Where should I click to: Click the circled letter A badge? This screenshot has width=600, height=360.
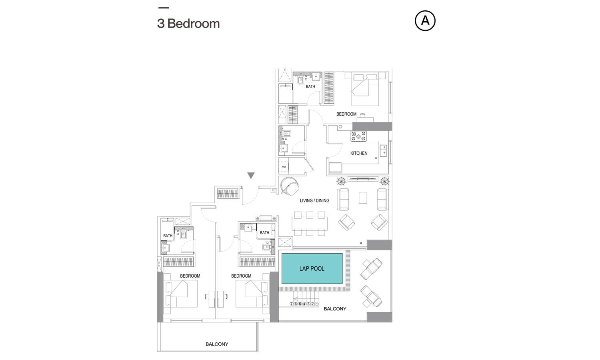point(425,21)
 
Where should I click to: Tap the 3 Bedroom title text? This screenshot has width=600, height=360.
point(188,24)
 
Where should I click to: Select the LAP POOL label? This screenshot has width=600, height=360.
point(312,268)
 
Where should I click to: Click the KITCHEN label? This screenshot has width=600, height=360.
point(359,153)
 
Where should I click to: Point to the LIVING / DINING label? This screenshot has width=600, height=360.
point(314,201)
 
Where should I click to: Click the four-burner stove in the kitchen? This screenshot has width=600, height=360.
point(358,136)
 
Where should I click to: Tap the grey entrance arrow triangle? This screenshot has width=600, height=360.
point(251,176)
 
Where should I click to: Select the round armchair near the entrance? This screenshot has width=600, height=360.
point(290,186)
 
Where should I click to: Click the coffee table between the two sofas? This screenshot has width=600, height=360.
point(363,198)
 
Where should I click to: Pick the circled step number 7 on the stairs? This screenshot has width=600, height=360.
point(292,304)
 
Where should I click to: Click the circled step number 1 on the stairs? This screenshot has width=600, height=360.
point(317,304)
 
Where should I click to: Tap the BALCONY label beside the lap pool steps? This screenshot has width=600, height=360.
point(335,309)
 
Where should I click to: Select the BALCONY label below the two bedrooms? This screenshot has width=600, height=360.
point(217,344)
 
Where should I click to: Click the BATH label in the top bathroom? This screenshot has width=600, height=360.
point(310,86)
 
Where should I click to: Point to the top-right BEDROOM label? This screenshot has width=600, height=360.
point(346,114)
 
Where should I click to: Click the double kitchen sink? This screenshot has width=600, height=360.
point(384,150)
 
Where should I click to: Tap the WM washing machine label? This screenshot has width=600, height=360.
point(284,167)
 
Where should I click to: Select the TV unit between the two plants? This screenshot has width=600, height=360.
point(363,179)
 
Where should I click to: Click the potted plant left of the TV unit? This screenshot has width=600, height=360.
point(341,181)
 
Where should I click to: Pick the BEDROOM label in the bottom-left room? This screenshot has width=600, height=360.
point(190,276)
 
